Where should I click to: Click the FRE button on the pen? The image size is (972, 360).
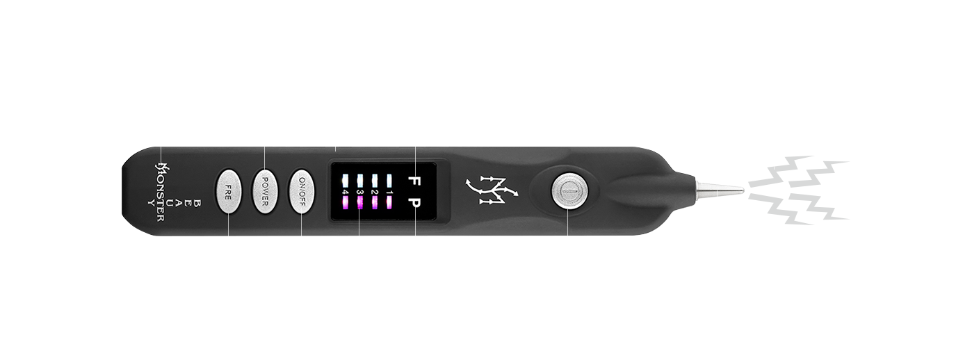pos(227,189)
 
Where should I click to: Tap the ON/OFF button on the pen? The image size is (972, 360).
pos(302,189)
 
